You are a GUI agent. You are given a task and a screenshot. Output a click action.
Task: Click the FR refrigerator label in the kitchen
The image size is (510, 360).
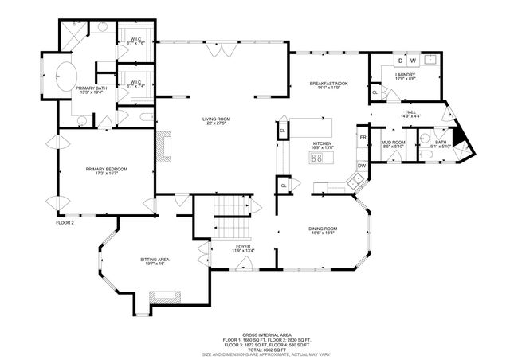[362, 137]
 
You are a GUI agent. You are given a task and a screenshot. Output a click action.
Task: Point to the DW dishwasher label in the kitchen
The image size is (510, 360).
[361, 165]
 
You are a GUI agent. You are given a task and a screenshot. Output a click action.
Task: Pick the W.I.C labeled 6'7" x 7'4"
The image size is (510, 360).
[135, 84]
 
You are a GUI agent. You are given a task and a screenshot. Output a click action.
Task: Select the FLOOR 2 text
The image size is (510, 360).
[65, 222]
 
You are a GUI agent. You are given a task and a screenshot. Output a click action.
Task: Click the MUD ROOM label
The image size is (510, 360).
[393, 143]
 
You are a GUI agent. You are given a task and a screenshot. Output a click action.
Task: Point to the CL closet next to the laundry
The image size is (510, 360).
[375, 93]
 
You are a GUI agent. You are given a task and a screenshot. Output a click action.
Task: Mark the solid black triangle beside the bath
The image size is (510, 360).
[464, 143]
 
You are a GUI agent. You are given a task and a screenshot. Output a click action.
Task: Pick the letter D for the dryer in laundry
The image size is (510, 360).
[401, 61]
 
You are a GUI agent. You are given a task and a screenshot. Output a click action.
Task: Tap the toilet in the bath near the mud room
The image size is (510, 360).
[426, 157]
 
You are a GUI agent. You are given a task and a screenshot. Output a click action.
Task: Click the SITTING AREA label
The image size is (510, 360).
[152, 260]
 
